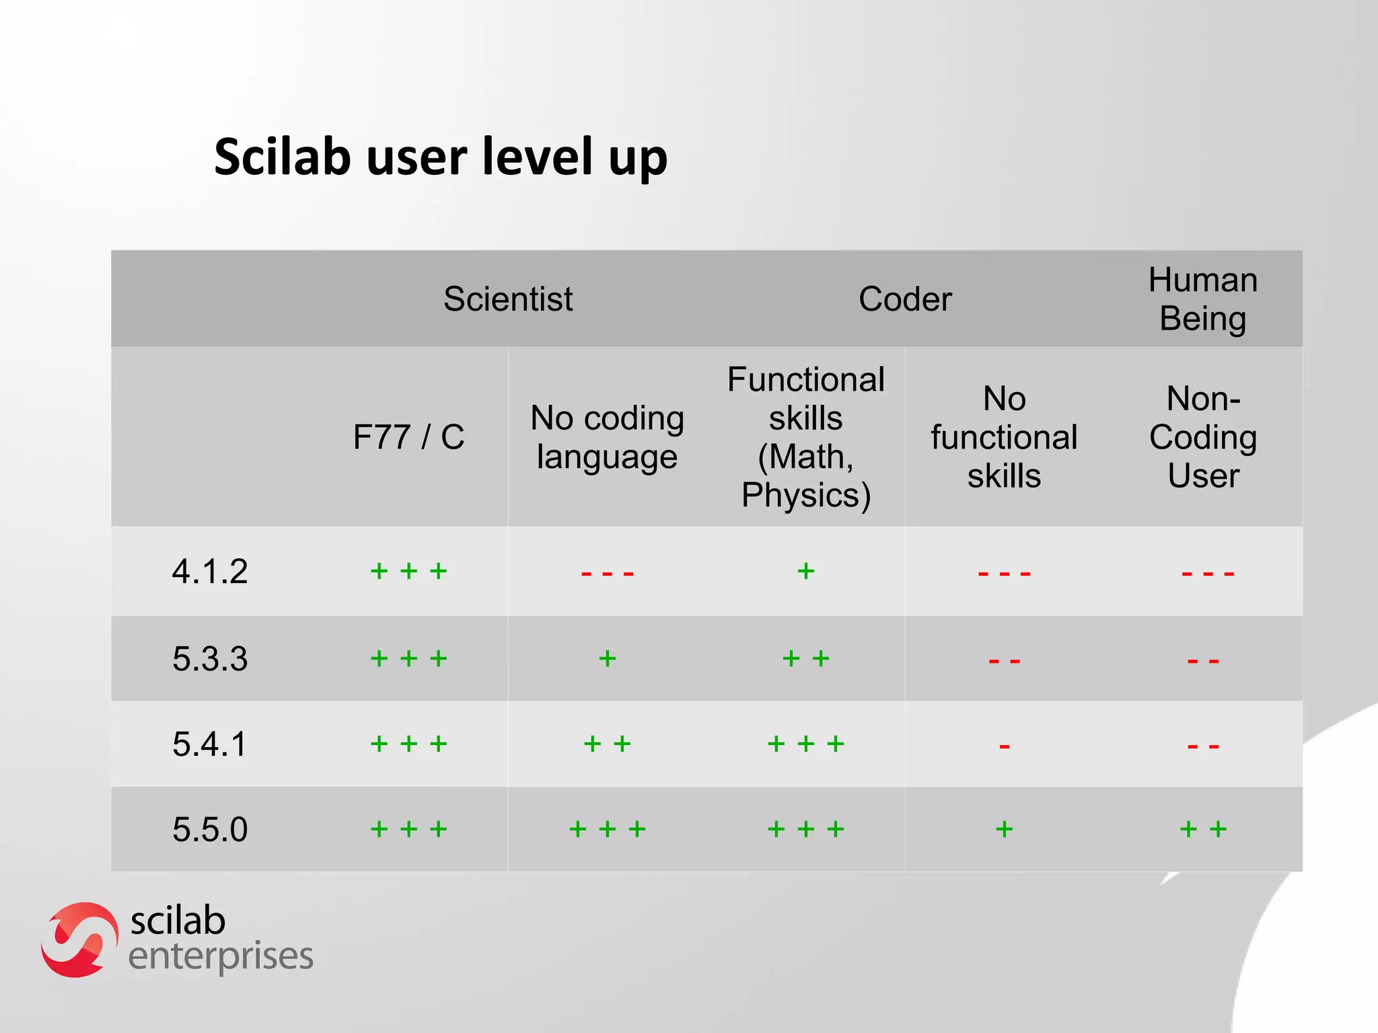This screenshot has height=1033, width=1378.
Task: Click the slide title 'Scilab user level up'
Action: coord(441,157)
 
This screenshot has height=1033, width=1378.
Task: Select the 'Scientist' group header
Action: coord(508,299)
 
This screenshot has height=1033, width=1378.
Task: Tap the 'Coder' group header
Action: coord(905,299)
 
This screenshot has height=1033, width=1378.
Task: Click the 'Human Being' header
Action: coord(1203,299)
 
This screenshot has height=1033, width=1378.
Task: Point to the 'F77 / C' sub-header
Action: coord(408,437)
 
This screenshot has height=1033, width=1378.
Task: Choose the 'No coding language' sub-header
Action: coord(607,437)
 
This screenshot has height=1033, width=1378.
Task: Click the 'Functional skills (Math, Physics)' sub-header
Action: coord(806,437)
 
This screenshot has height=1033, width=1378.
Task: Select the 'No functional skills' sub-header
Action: coord(1004,437)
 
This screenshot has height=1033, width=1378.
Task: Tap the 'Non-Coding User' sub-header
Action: coord(1203,437)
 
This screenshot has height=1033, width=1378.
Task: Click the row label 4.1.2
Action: coord(210,572)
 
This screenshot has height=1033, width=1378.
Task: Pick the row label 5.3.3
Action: coord(210,658)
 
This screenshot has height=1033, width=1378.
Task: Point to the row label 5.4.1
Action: coord(210,744)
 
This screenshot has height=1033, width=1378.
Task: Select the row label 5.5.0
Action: coord(210,829)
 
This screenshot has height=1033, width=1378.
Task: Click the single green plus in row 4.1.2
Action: coord(806,571)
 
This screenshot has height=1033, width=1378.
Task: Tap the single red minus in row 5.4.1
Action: coord(1004,746)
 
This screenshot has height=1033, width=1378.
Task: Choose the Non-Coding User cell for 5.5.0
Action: coord(1203,829)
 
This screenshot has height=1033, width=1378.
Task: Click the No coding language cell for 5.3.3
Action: coord(607,658)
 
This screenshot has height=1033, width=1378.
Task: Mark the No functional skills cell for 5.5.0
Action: coord(1004,829)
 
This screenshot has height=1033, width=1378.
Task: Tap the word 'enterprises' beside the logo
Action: coord(221,956)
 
